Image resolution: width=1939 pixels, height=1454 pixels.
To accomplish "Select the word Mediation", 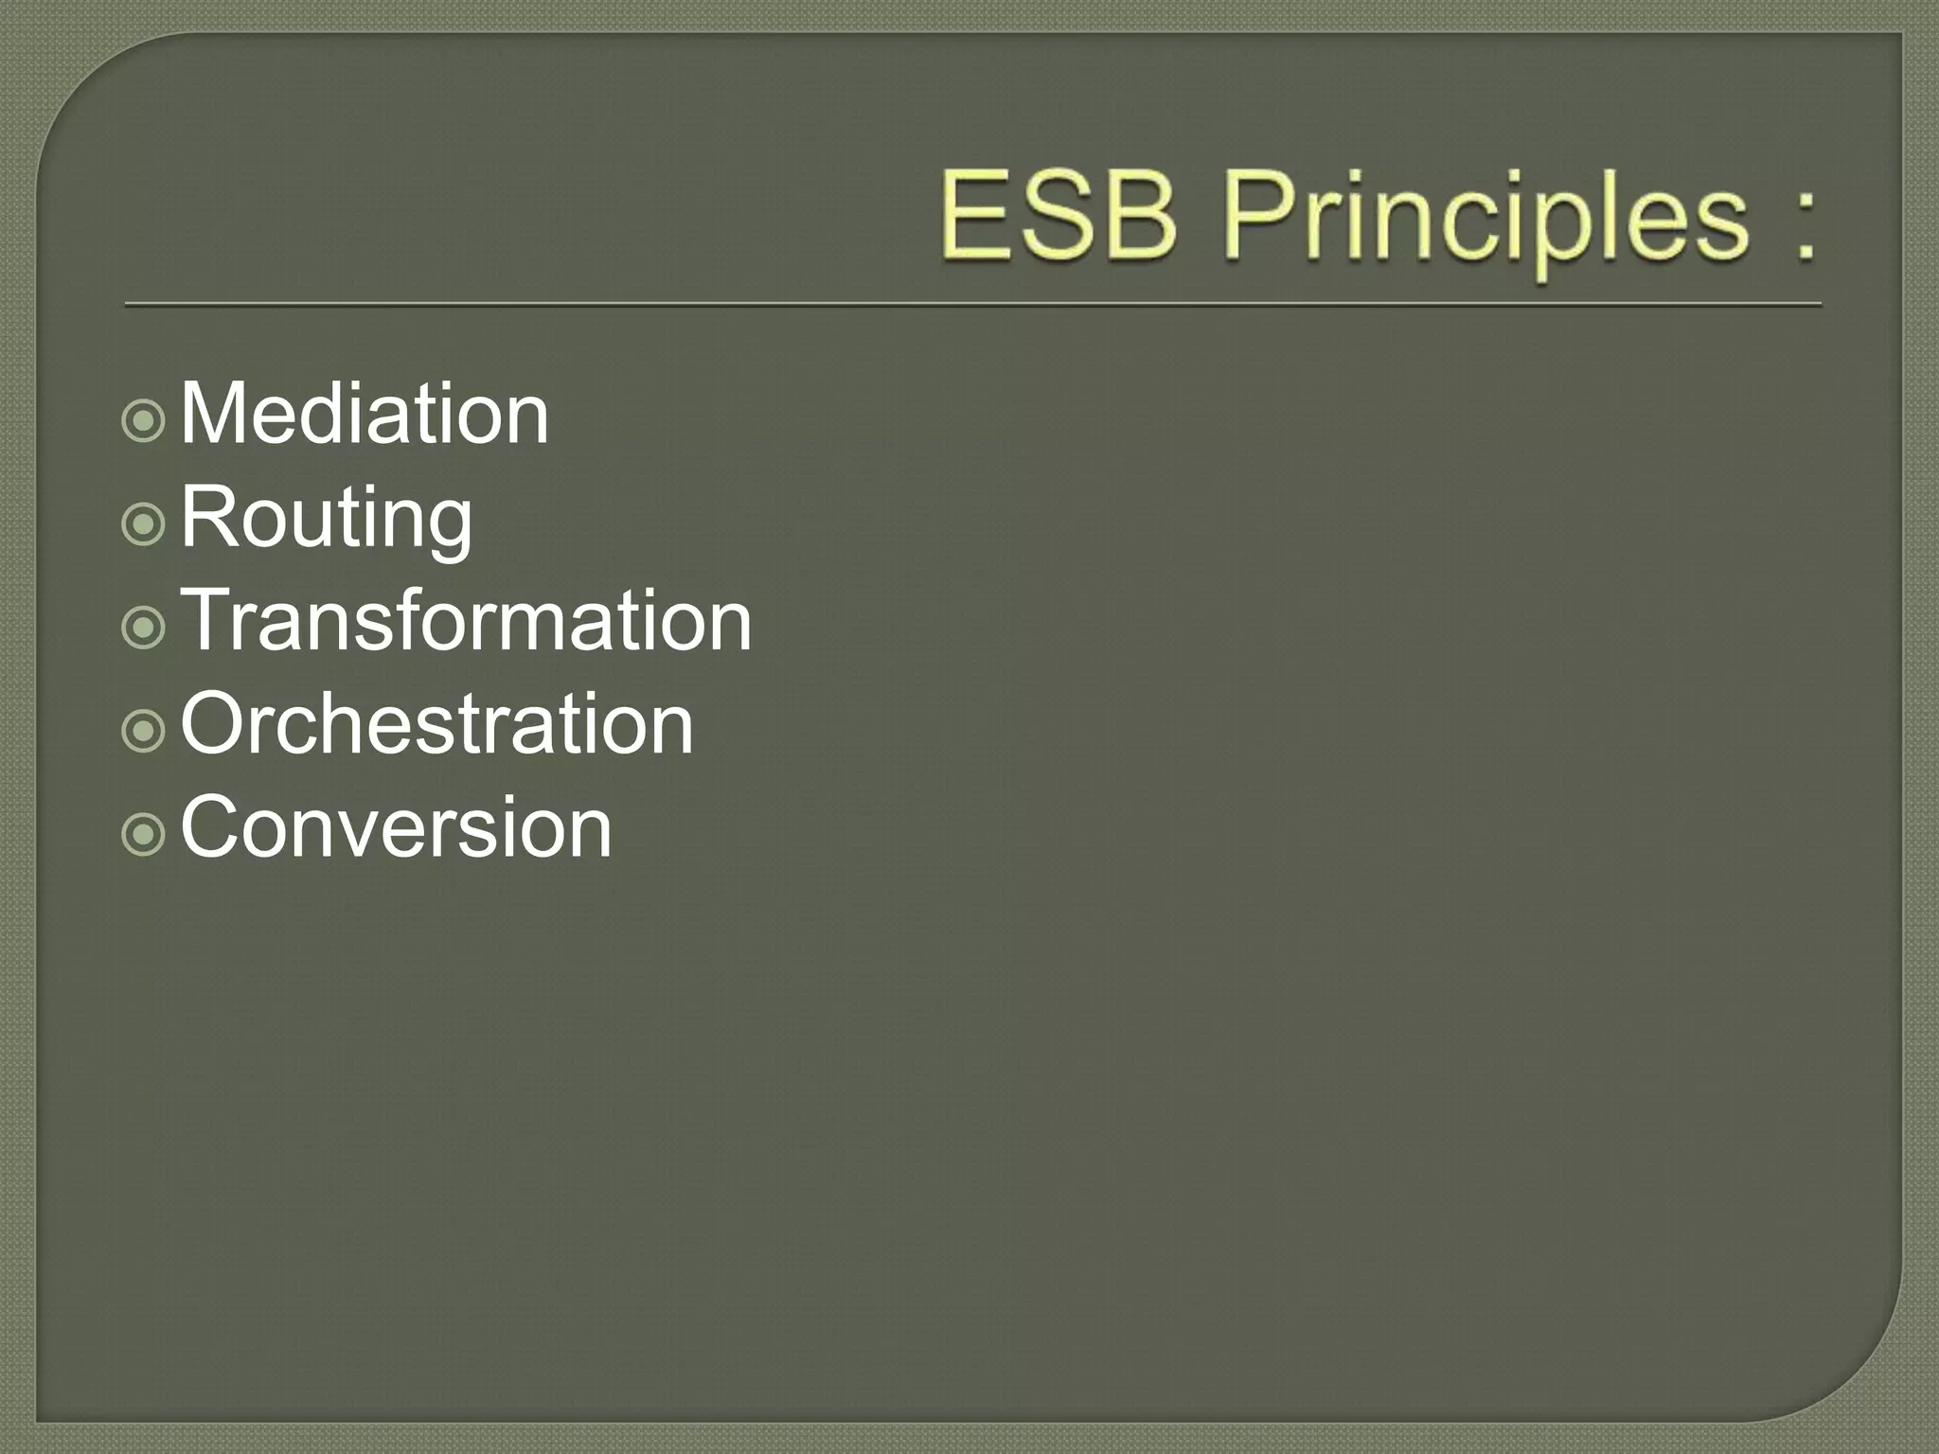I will point(365,414).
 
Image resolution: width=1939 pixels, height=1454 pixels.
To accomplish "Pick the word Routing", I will point(327,519).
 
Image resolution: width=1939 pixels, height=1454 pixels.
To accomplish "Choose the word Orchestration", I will point(437,724).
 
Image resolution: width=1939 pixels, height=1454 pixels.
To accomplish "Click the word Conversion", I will point(397,827).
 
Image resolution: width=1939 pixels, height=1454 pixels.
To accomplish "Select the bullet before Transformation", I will point(144,628).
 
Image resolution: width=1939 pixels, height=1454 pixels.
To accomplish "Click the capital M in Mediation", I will point(214,414).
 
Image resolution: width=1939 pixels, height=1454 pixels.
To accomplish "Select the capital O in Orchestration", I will point(214,724).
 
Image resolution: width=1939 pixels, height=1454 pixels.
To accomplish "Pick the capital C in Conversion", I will point(212,827).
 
